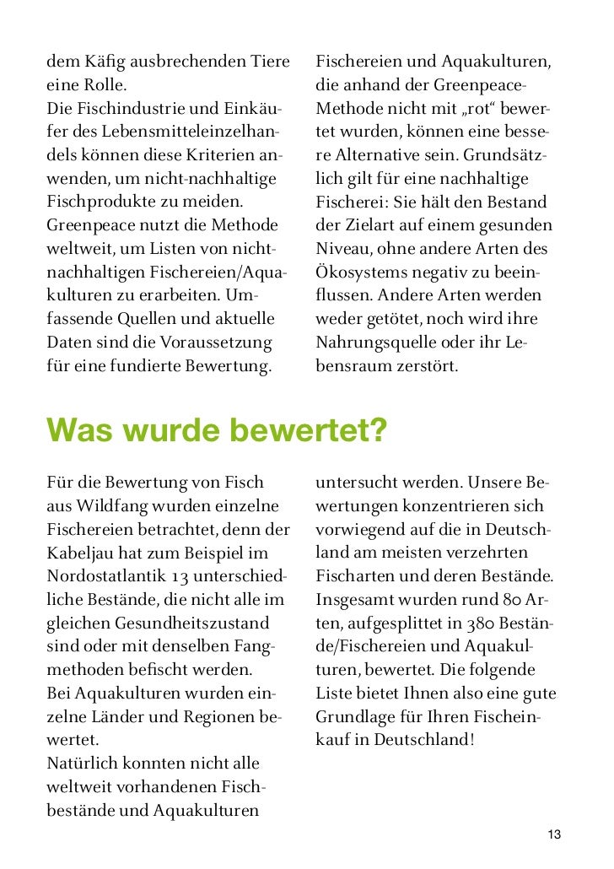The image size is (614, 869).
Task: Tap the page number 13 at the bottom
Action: (553, 834)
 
